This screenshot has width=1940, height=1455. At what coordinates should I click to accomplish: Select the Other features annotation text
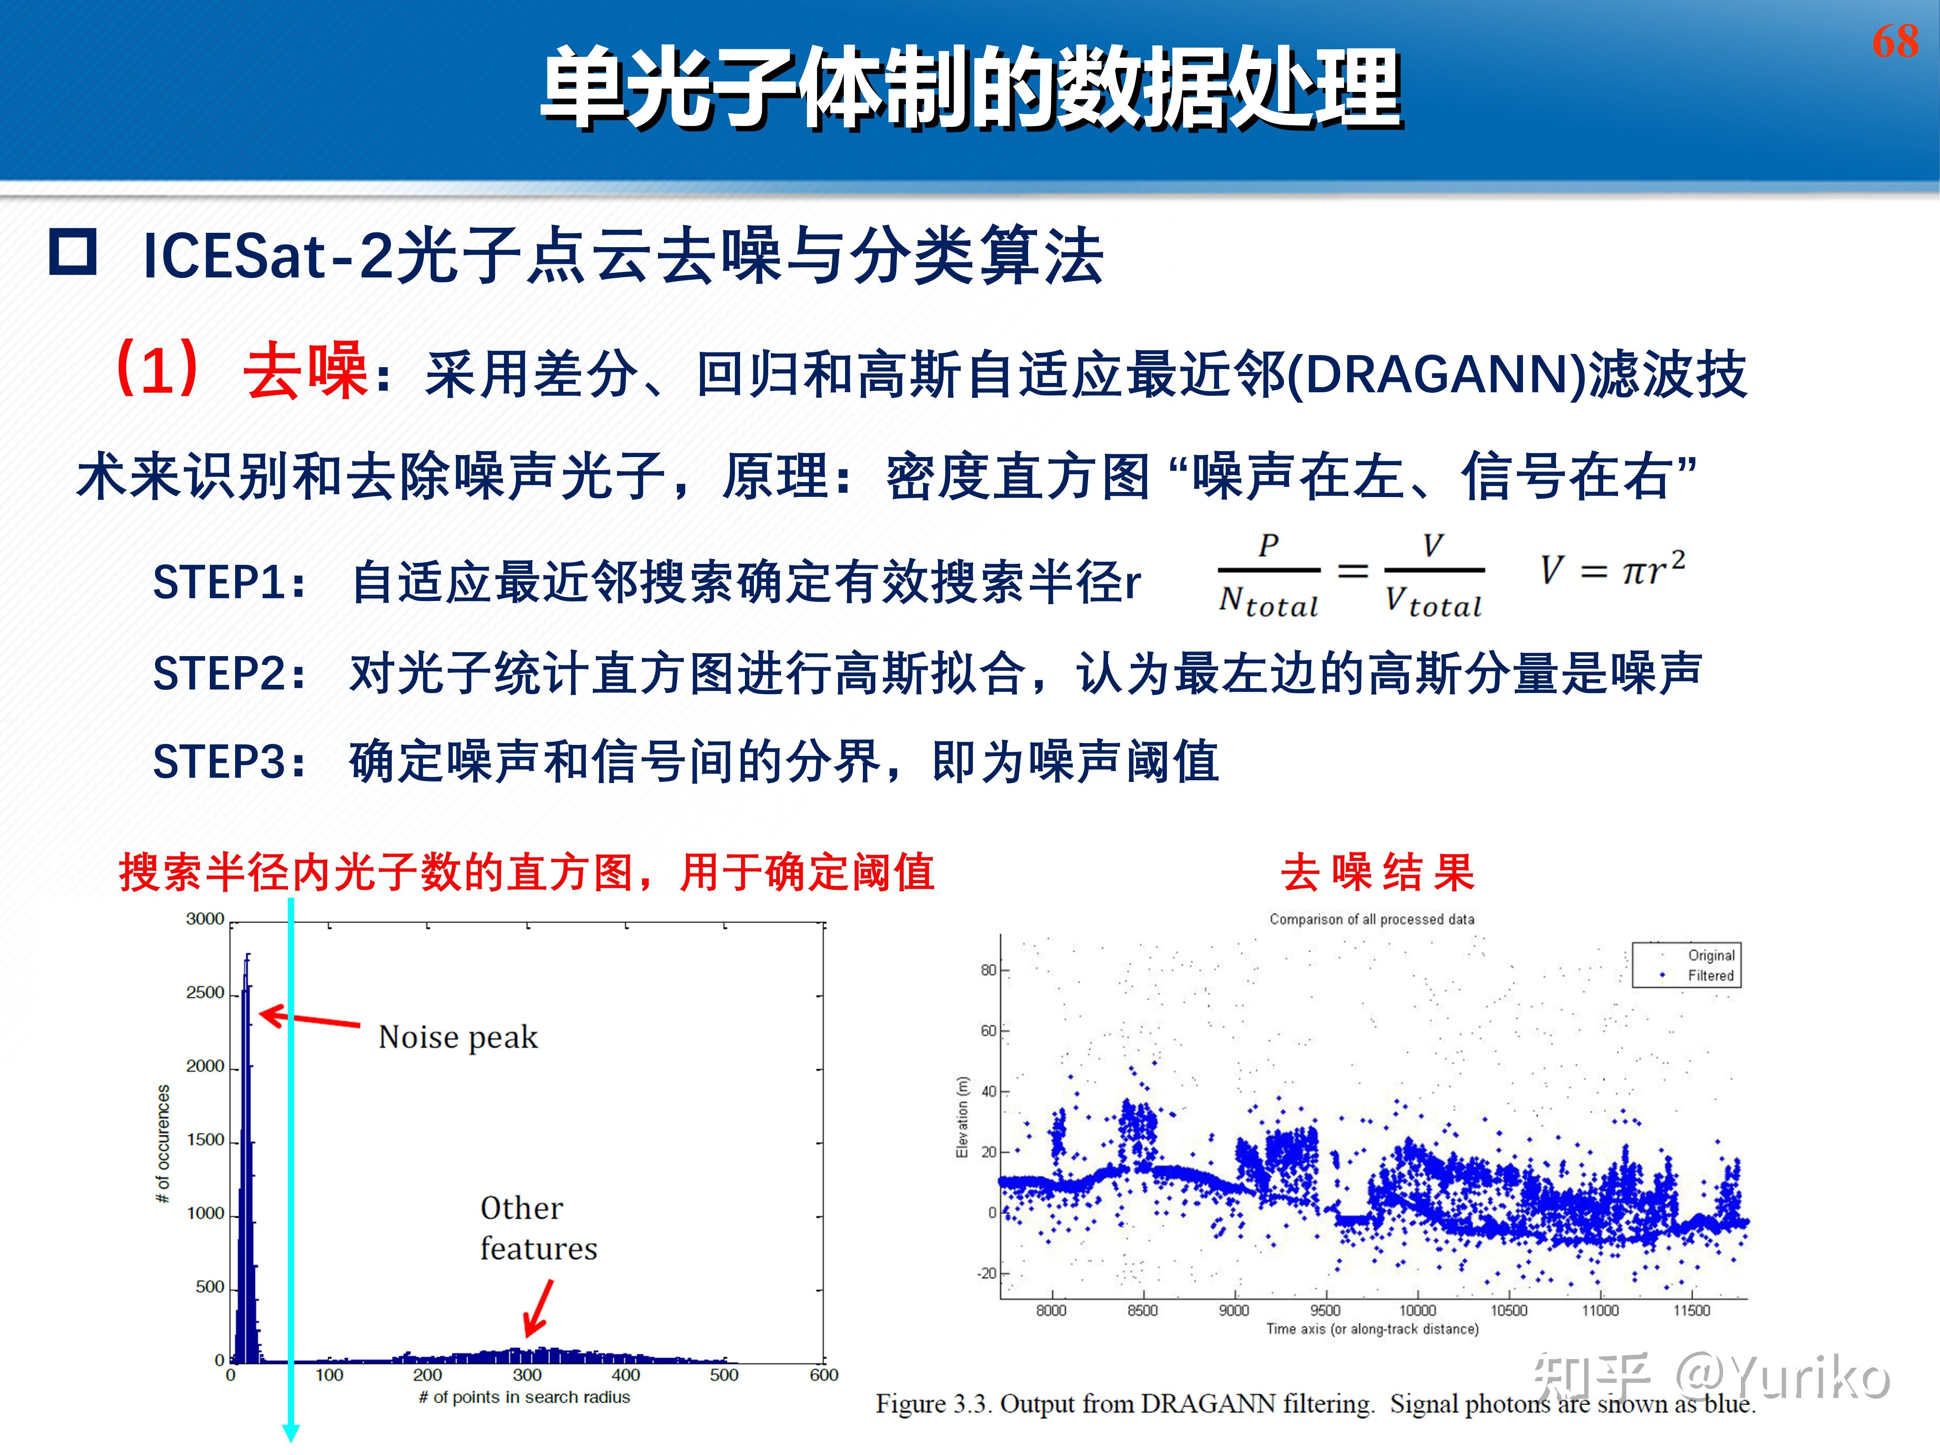click(538, 1228)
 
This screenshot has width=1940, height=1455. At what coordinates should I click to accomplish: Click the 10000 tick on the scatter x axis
click(1417, 1310)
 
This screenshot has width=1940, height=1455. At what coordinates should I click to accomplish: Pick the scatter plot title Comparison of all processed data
click(1372, 919)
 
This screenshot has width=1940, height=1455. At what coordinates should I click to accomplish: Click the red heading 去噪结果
click(1377, 873)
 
